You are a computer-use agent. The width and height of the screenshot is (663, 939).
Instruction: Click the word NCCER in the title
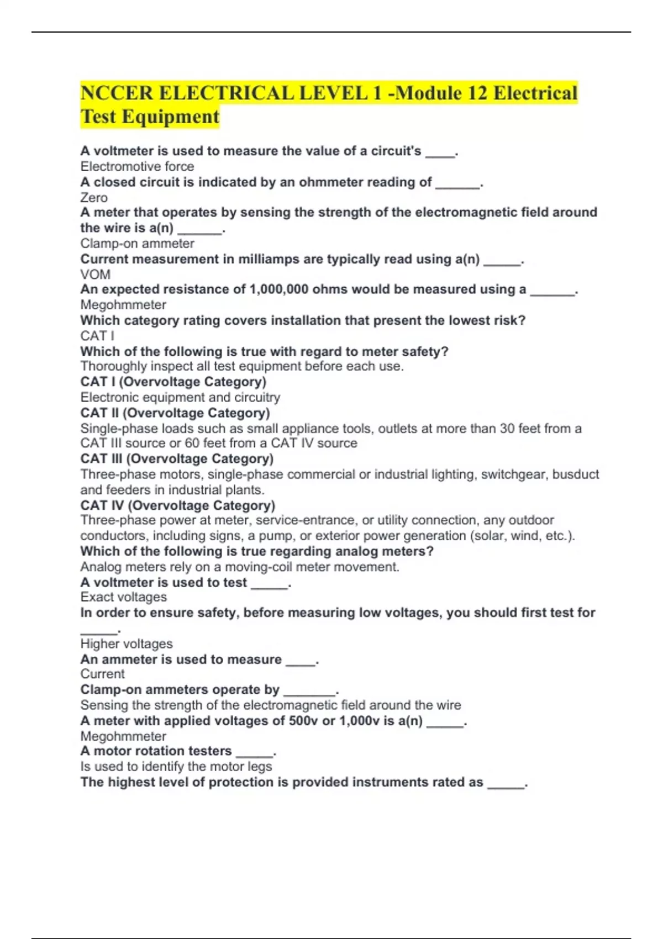pyautogui.click(x=117, y=93)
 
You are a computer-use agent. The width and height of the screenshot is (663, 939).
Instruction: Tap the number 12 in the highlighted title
pyautogui.click(x=476, y=93)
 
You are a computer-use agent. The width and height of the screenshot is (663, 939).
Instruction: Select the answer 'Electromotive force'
pyautogui.click(x=137, y=166)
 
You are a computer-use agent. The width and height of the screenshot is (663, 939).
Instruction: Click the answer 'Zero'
pyautogui.click(x=94, y=197)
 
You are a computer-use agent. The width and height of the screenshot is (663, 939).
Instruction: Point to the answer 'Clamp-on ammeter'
pyautogui.click(x=137, y=243)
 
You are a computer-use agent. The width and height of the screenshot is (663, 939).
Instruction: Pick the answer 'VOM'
pyautogui.click(x=95, y=274)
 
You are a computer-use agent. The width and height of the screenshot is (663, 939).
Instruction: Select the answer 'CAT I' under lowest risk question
pyautogui.click(x=97, y=336)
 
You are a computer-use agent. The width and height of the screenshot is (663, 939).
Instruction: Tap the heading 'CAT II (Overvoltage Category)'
pyautogui.click(x=175, y=413)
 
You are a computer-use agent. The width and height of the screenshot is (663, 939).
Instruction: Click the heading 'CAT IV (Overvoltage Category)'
pyautogui.click(x=177, y=505)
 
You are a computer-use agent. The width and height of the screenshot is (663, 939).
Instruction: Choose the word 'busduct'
pyautogui.click(x=576, y=474)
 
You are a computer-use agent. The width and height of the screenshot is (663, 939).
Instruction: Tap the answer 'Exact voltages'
pyautogui.click(x=123, y=597)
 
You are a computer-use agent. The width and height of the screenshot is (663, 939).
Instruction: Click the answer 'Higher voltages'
pyautogui.click(x=126, y=643)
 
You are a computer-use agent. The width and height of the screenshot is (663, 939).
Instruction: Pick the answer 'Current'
pyautogui.click(x=102, y=674)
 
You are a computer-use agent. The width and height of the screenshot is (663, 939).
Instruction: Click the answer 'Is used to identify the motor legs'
pyautogui.click(x=176, y=767)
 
